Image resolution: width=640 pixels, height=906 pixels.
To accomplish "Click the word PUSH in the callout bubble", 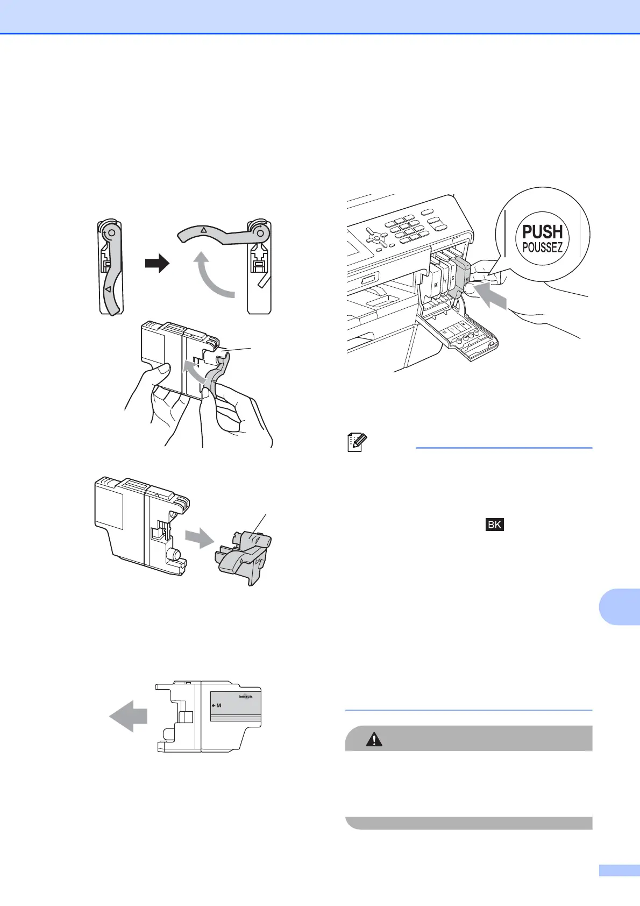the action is [542, 232].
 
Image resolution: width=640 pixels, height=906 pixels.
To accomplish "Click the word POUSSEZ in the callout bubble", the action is [542, 248].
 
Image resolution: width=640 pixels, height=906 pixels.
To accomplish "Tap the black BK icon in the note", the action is [494, 525].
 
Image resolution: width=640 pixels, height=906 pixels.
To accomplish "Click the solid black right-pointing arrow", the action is [157, 264].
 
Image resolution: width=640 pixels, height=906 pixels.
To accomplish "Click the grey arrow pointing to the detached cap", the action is [198, 537].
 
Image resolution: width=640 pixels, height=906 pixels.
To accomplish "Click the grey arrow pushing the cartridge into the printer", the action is [491, 297].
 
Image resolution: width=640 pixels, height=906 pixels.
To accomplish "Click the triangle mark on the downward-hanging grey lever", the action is [109, 289].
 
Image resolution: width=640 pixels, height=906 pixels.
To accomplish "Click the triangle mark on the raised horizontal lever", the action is [203, 230].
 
